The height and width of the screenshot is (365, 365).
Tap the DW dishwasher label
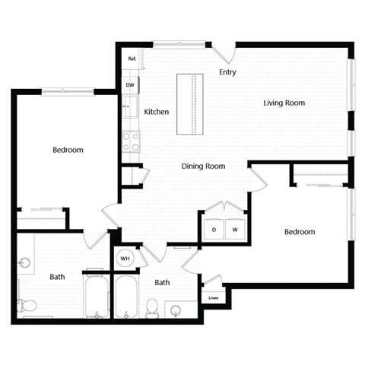pyautogui.click(x=130, y=85)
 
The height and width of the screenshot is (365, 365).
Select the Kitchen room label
pyautogui.click(x=157, y=112)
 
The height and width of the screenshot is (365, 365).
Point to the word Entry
pyautogui.click(x=227, y=73)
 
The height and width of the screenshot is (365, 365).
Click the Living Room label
pyautogui.click(x=284, y=103)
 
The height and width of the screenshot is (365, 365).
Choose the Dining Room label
pyautogui.click(x=204, y=166)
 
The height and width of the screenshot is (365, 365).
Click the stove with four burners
pyautogui.click(x=131, y=141)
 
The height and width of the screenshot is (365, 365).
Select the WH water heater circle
pyautogui.click(x=125, y=258)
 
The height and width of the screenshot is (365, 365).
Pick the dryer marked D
pyautogui.click(x=214, y=230)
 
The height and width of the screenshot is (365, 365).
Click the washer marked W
pyautogui.click(x=235, y=230)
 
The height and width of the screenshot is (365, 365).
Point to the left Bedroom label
pyautogui.click(x=68, y=150)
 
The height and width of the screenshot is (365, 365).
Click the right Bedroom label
pyautogui.click(x=300, y=231)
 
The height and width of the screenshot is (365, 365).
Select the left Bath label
pyautogui.click(x=57, y=277)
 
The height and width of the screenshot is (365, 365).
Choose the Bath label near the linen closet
pyautogui.click(x=162, y=282)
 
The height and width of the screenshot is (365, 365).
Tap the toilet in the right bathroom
pyautogui.click(x=151, y=307)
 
